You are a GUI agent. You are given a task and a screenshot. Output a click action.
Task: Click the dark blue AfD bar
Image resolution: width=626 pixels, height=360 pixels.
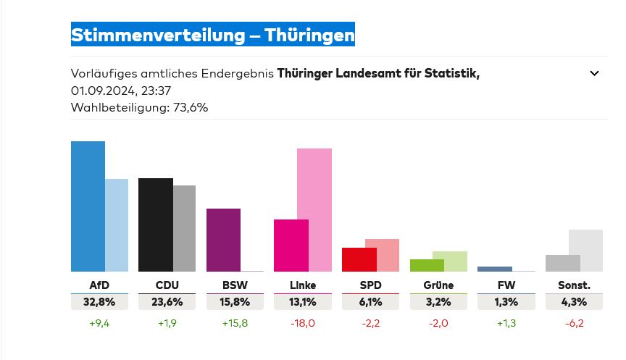pos(88,206)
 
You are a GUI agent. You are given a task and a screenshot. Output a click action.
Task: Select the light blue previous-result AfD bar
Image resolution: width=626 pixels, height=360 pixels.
pos(117,225)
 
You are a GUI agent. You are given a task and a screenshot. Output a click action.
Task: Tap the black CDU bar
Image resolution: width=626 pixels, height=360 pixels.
pos(155,225)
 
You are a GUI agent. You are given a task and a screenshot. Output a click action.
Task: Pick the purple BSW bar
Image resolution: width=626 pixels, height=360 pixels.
pos(223,240)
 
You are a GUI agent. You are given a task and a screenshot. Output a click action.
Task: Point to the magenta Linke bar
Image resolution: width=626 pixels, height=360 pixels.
pos(291,246)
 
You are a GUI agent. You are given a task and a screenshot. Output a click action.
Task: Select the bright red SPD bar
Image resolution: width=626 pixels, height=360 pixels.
pos(359,259)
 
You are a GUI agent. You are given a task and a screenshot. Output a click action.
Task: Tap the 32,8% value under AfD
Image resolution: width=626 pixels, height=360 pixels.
pos(100,302)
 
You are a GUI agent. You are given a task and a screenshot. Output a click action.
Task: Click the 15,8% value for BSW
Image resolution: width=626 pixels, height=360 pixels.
pos(235,302)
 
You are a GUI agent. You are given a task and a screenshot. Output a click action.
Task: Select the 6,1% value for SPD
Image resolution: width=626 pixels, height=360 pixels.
pos(370,302)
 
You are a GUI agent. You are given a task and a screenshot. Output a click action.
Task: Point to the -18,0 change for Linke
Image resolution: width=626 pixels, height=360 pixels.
pos(302,323)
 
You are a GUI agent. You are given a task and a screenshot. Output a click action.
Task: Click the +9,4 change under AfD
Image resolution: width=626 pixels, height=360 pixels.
pos(100,323)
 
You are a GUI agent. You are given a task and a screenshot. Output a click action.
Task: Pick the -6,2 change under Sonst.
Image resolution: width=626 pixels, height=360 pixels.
pos(573,323)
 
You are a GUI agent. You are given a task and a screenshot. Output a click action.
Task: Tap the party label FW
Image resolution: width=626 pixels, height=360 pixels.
pos(506,285)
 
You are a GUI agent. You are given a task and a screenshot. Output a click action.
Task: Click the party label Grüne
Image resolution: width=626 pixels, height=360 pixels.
pos(438,285)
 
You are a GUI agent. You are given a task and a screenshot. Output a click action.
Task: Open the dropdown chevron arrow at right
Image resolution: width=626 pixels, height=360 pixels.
pos(594,73)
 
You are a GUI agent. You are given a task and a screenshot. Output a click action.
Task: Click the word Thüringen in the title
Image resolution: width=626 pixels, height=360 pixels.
pos(309,34)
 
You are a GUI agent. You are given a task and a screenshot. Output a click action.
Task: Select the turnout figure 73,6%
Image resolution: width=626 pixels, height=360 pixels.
pos(190,108)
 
